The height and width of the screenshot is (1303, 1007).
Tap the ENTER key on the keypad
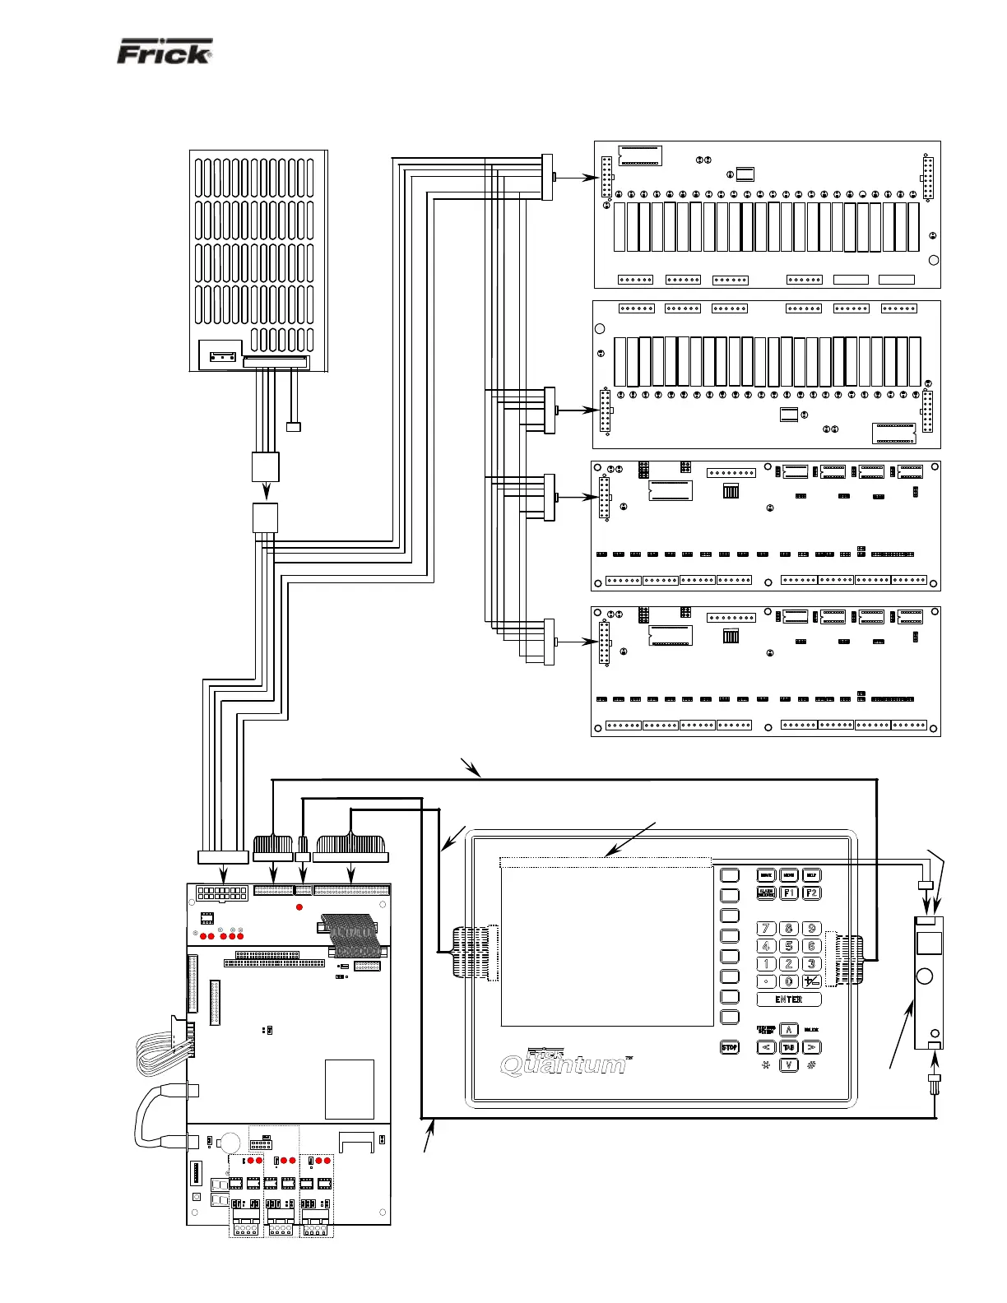pos(788,999)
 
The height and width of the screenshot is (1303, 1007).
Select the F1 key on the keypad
pos(788,893)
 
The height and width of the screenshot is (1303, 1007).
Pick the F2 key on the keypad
pos(811,893)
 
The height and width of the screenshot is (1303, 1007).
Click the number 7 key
pos(766,929)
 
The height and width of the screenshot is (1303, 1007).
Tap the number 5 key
pos(788,946)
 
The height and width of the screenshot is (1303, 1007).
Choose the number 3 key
pos(811,964)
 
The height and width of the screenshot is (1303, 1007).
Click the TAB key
pos(788,1047)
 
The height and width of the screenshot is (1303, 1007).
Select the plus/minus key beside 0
pos(811,981)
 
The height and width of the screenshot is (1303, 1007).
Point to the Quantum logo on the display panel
pos(564,1064)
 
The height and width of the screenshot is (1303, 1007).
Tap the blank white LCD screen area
pos(606,946)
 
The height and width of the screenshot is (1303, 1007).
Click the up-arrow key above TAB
pos(788,1030)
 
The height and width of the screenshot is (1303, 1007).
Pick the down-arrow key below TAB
pos(788,1065)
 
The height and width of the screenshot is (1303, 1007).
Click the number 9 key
pos(811,929)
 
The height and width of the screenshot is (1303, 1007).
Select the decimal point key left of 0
pos(766,981)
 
